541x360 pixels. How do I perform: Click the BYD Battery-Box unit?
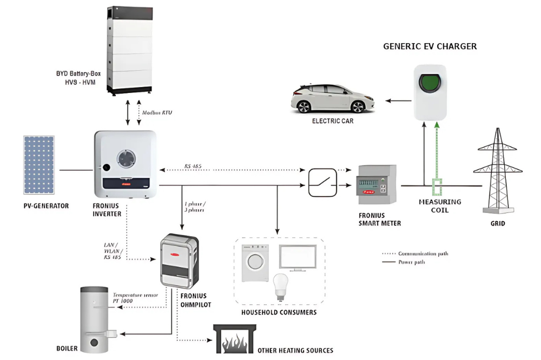tap(129, 50)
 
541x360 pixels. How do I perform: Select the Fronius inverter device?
tap(126, 164)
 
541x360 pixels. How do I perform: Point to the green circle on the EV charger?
tap(430, 84)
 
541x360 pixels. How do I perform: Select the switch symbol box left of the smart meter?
tap(322, 182)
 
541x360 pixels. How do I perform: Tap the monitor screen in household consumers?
tap(298, 257)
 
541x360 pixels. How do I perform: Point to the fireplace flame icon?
tap(234, 341)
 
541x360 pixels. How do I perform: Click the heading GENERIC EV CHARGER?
tap(430, 46)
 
